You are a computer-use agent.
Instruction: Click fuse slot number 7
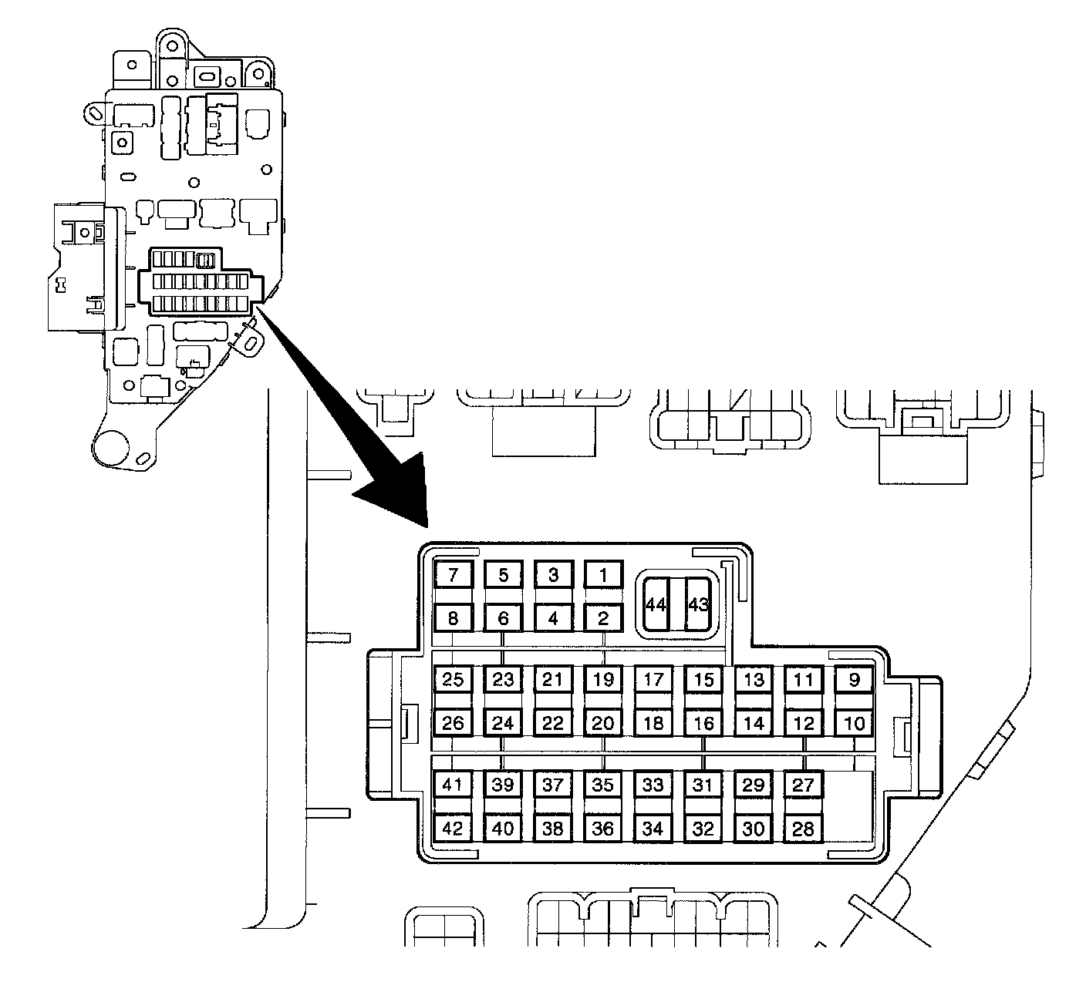(454, 574)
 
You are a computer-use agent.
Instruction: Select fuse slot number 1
(603, 574)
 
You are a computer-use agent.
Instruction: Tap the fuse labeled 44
(656, 605)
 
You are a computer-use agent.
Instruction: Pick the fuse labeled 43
(698, 605)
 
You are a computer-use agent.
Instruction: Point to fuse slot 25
(454, 680)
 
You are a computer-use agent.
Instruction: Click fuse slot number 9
(854, 680)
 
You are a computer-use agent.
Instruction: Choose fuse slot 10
(854, 724)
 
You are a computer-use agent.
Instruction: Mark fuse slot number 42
(454, 829)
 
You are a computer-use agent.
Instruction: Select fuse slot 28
(804, 829)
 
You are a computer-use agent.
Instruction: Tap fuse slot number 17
(653, 680)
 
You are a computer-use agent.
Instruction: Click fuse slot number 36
(603, 829)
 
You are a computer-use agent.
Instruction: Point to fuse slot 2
(603, 617)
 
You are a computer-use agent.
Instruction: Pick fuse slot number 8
(454, 617)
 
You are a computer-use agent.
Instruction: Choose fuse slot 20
(603, 724)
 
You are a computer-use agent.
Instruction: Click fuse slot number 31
(703, 785)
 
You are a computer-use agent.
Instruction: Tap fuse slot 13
(754, 680)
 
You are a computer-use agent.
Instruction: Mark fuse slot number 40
(503, 829)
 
